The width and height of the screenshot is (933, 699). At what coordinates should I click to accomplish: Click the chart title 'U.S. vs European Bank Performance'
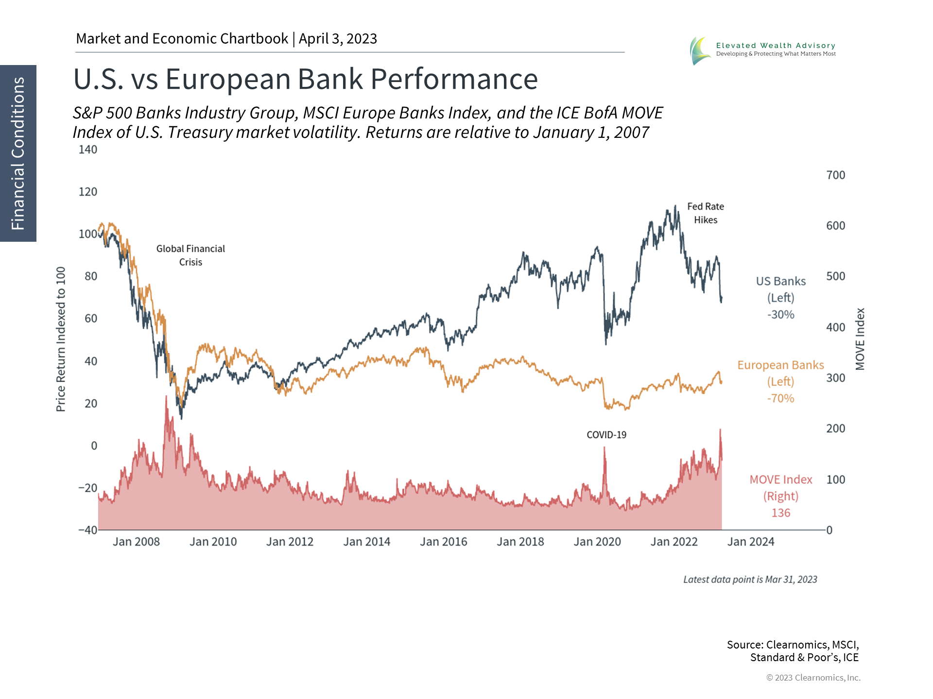(x=305, y=79)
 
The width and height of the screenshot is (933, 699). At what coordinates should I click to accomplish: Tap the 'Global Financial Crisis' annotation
(x=190, y=255)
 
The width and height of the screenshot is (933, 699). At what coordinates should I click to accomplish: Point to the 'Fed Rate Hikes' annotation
(x=706, y=213)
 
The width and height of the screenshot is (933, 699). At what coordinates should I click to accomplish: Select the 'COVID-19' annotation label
(x=606, y=435)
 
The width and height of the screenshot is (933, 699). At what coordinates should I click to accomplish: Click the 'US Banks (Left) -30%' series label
(x=780, y=298)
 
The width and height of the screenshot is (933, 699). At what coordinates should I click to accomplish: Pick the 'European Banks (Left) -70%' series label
(x=780, y=382)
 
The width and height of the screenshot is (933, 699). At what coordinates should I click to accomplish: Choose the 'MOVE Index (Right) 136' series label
(x=780, y=496)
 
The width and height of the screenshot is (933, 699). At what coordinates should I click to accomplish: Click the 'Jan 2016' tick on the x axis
(x=443, y=542)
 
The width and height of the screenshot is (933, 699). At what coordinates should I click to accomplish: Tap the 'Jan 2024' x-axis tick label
(x=751, y=542)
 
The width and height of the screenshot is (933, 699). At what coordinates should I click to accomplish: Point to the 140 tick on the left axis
(x=88, y=150)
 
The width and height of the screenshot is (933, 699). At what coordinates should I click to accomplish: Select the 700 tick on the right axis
(x=835, y=175)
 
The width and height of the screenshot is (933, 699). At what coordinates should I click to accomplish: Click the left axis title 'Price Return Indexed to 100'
(x=61, y=339)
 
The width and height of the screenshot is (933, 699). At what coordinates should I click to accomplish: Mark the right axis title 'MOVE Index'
(x=860, y=339)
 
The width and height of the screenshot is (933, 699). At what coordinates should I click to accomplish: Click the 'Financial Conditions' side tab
(x=18, y=153)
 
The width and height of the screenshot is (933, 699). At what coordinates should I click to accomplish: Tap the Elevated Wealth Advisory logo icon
(x=700, y=50)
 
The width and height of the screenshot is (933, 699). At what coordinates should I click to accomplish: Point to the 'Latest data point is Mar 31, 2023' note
(x=750, y=580)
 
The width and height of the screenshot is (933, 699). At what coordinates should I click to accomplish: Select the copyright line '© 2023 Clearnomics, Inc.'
(x=813, y=678)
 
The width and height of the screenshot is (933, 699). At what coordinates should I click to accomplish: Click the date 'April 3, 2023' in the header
(x=338, y=39)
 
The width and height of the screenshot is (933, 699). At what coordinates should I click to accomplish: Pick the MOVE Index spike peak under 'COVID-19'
(x=605, y=448)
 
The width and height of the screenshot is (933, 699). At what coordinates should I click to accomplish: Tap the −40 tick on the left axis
(x=88, y=530)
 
